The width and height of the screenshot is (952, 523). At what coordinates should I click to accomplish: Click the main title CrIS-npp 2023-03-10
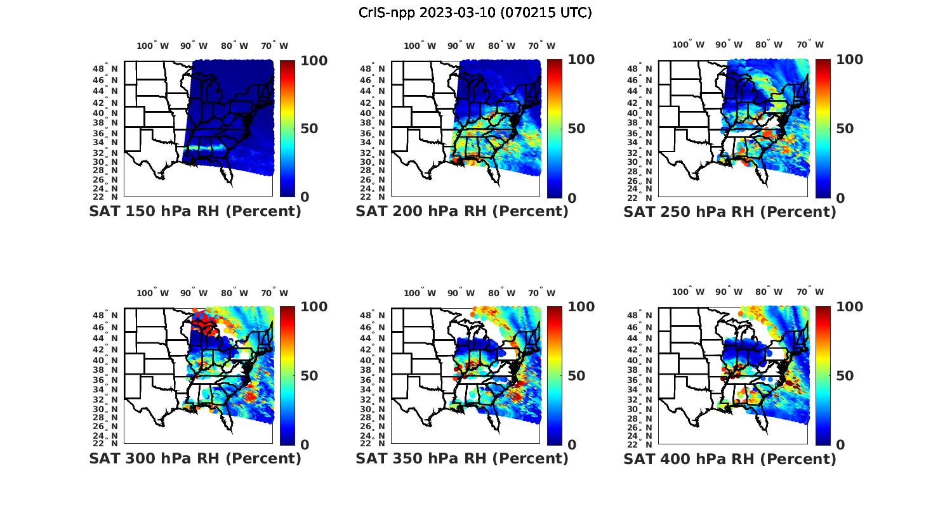point(475,13)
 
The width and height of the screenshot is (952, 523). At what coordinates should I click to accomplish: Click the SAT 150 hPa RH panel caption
point(195,211)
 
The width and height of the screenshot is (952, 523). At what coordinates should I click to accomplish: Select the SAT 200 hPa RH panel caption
point(462,211)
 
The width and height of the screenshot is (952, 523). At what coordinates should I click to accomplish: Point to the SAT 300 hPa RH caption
point(195,458)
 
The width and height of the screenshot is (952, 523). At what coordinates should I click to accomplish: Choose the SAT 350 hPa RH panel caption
point(462,458)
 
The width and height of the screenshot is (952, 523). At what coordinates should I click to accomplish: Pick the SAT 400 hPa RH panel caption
point(730,458)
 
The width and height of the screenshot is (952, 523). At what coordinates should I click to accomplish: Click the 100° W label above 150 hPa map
point(153,46)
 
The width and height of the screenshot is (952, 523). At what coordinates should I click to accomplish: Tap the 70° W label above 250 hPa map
point(810,44)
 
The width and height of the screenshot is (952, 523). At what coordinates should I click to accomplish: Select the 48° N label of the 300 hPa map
point(106,315)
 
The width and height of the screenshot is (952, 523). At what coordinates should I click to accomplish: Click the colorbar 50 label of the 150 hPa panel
point(309,129)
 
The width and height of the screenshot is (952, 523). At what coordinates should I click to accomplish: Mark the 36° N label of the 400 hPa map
point(640,380)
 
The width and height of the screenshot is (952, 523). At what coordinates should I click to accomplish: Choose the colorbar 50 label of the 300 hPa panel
point(309,375)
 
